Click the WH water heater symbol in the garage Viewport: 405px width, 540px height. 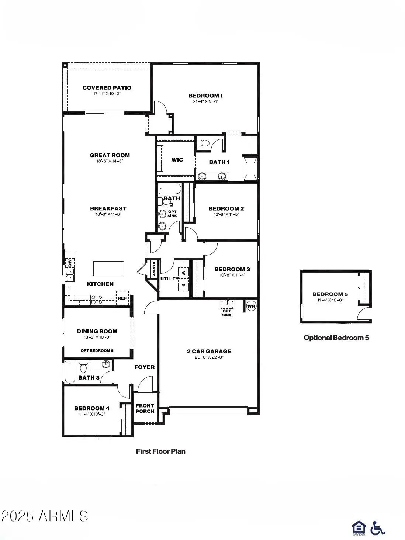(251, 306)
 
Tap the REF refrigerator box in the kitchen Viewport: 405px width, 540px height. (122, 298)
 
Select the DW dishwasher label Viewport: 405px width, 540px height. (70, 263)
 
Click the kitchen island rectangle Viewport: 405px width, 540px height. (108, 269)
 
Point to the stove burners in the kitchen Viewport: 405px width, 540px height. (97, 300)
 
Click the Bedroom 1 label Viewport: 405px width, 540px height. (205, 96)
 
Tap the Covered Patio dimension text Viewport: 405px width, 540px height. (107, 94)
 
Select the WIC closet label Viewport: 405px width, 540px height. (177, 160)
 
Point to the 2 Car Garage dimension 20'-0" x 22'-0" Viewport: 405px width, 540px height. (209, 357)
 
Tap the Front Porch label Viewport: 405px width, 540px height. (145, 408)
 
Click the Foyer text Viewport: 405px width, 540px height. (144, 367)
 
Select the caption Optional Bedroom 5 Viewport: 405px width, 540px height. (336, 337)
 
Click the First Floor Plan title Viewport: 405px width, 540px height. (160, 451)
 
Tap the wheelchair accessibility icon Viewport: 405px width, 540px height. (377, 528)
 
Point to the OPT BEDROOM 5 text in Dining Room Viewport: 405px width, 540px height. (97, 350)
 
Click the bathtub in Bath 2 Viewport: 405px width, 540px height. (170, 190)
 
